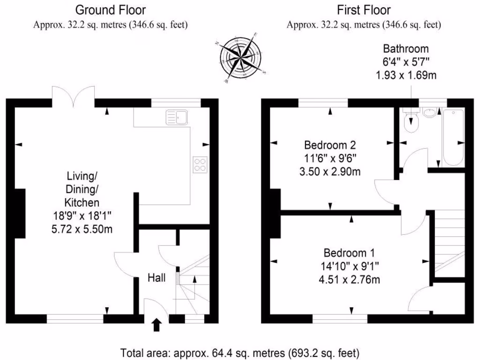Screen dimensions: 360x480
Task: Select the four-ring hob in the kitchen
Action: pyautogui.click(x=200, y=164)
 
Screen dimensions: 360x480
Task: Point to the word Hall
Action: pyautogui.click(x=156, y=278)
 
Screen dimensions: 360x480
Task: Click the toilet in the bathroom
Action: pyautogui.click(x=411, y=121)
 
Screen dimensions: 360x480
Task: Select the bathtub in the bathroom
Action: pyautogui.click(x=452, y=136)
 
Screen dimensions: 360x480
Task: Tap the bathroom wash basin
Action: pyautogui.click(x=429, y=112)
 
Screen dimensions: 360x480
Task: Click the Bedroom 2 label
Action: pyautogui.click(x=330, y=144)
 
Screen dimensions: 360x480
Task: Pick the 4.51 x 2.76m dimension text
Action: pyautogui.click(x=348, y=280)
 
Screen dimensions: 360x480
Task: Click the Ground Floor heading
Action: pyautogui.click(x=110, y=10)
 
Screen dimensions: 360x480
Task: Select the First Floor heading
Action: pyautogui.click(x=363, y=10)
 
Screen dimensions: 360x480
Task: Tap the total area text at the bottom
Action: pyautogui.click(x=240, y=352)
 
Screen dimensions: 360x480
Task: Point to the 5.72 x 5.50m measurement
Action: pyautogui.click(x=82, y=230)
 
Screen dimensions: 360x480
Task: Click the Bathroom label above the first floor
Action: pyautogui.click(x=405, y=49)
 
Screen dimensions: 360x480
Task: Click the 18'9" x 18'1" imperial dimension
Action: pyautogui.click(x=82, y=216)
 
